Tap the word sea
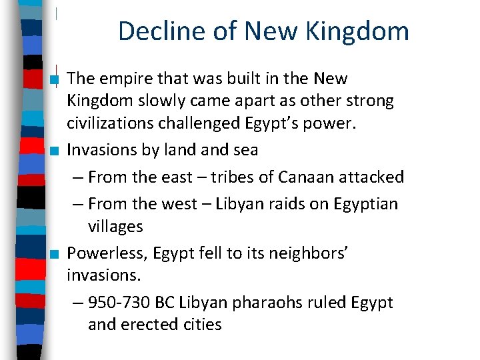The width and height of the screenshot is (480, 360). [244, 150]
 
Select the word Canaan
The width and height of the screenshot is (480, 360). [307, 177]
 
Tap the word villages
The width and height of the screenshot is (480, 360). [115, 227]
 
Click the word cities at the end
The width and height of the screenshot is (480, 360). [203, 325]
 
